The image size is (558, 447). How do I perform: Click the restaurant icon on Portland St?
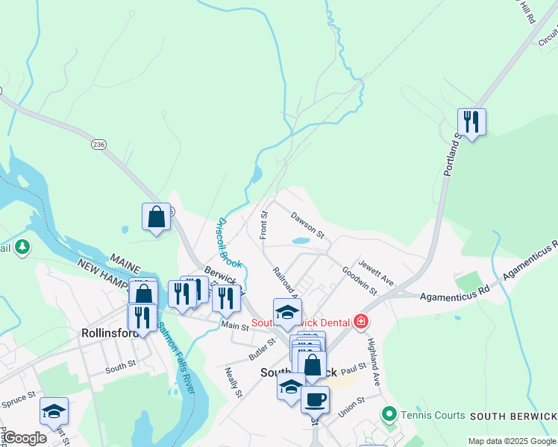click(x=471, y=121)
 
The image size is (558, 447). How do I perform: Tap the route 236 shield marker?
click(x=98, y=144)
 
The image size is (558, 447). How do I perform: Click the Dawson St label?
click(x=308, y=225)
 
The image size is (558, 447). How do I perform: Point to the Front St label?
click(x=263, y=225)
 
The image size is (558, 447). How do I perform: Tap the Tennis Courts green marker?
click(x=388, y=413)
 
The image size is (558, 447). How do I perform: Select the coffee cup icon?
click(x=315, y=399)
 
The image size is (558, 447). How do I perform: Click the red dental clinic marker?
click(x=361, y=322)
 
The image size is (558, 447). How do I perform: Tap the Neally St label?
click(x=234, y=381)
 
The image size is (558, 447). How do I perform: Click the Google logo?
click(x=24, y=438)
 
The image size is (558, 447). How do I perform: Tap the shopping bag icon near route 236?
click(x=157, y=217)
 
